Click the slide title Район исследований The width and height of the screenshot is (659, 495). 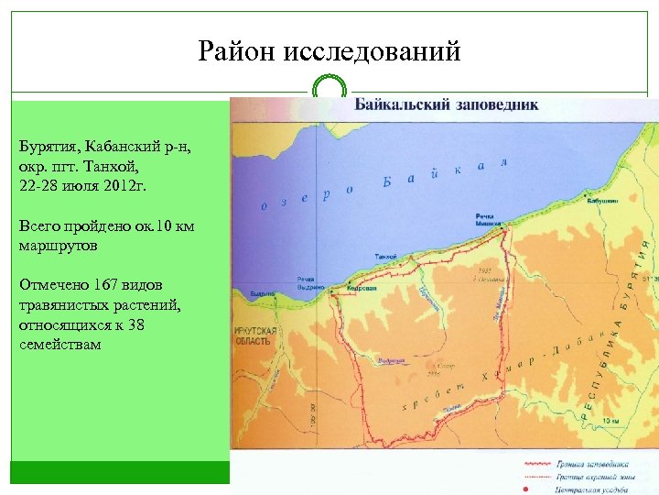(329, 51)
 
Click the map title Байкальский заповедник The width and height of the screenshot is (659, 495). (447, 104)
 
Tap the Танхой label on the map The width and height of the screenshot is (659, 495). (385, 256)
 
